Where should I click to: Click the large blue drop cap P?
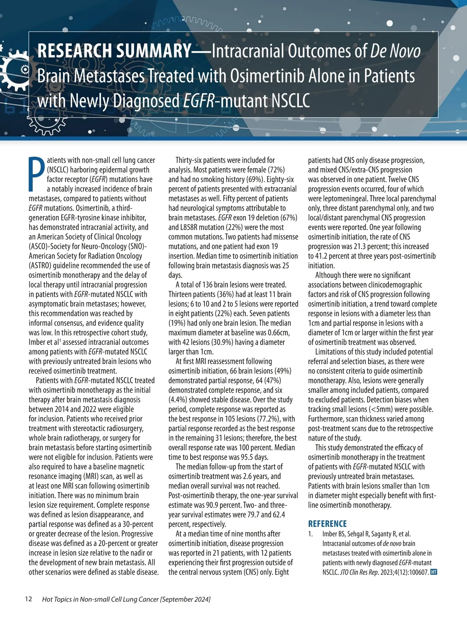coord(37,174)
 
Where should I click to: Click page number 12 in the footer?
coord(28,599)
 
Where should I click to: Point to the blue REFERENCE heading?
coord(327,523)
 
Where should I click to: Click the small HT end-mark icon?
coord(434,572)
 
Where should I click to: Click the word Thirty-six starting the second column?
coord(189,160)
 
